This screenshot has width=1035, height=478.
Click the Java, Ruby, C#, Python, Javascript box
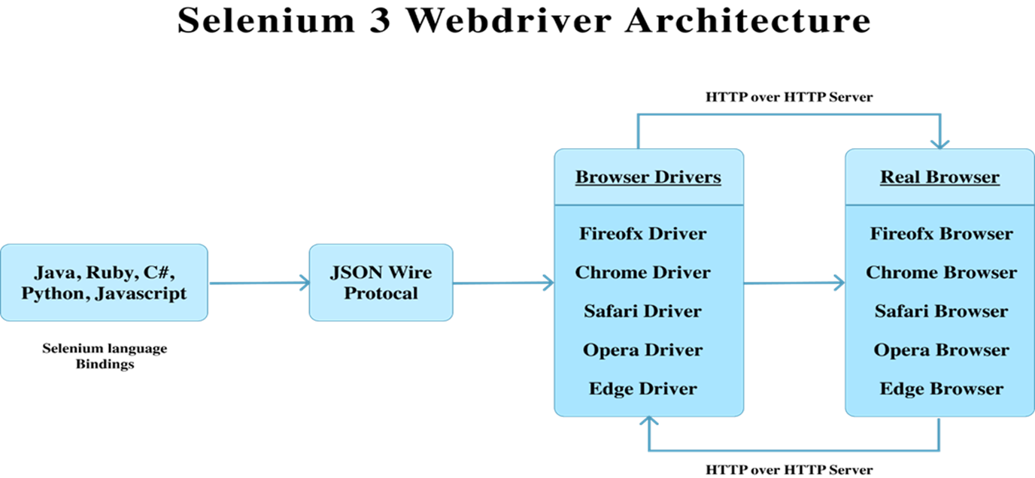(104, 283)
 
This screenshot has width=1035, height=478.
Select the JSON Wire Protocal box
(381, 283)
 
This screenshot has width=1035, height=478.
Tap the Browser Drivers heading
(648, 177)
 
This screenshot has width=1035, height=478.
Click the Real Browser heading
(939, 177)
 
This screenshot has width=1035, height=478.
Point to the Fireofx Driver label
(643, 234)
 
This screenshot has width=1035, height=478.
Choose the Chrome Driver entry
(643, 273)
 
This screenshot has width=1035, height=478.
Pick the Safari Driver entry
(643, 311)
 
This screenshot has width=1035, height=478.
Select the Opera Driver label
(643, 350)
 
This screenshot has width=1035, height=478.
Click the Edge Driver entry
(643, 389)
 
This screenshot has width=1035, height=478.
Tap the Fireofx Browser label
(941, 234)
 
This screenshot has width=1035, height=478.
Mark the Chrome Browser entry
(941, 273)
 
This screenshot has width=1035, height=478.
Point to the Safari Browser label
(941, 311)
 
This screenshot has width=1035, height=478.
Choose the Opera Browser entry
(941, 350)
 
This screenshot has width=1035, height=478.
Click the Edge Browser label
(941, 389)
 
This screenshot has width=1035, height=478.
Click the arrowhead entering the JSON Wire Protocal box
(305, 282)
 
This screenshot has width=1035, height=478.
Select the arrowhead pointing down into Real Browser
(939, 143)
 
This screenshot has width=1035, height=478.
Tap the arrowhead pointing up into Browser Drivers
(648, 423)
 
